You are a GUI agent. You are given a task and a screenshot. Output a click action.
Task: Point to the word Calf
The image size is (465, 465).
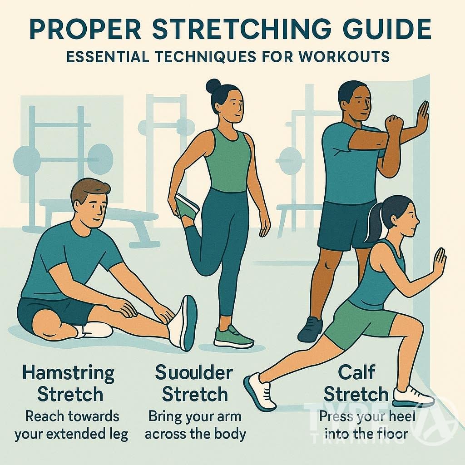pyautogui.click(x=356, y=372)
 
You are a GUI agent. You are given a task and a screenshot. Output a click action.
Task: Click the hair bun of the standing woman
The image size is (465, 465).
pyautogui.click(x=213, y=85)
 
